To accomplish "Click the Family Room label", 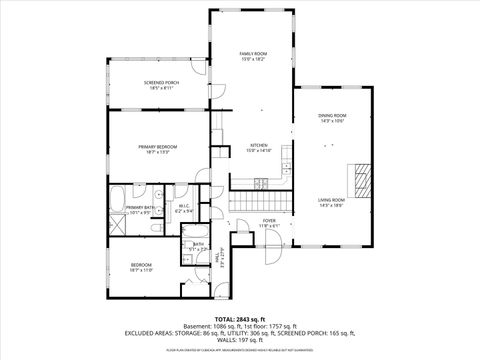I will click(252, 56).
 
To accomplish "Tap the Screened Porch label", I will click(154, 85).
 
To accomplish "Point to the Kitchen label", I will click(260, 147).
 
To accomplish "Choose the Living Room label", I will click(331, 203).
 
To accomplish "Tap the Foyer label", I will click(269, 222).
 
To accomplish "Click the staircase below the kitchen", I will click(261, 203).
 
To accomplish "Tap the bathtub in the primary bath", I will click(116, 194).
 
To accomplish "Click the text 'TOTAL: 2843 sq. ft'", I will click(240, 318).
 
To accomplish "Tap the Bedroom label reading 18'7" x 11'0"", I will click(140, 268).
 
